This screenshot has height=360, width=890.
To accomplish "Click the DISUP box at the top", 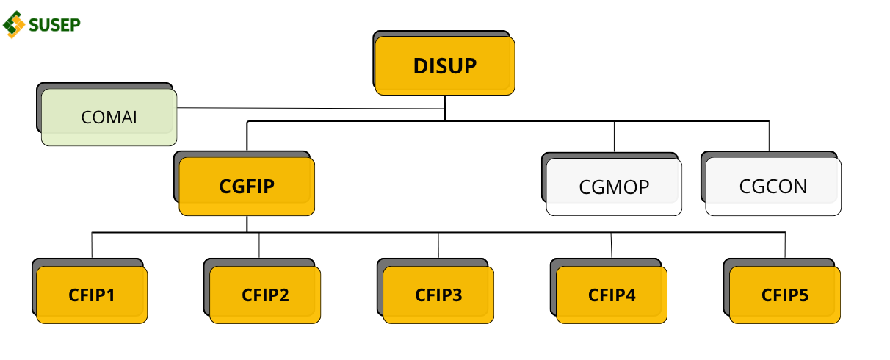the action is click(444, 65).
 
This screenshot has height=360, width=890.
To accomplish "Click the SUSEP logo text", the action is click(54, 25).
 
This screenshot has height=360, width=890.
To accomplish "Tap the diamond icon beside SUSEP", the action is click(14, 25).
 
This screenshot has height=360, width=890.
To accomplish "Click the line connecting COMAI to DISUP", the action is click(311, 108).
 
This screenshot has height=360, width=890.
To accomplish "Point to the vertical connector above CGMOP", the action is click(614, 137).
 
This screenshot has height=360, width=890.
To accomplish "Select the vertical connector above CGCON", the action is click(770, 136).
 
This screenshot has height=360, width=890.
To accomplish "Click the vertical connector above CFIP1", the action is click(92, 245).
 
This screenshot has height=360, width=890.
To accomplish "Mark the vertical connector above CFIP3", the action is click(438, 245).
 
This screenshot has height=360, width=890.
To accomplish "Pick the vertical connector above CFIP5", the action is click(785, 245).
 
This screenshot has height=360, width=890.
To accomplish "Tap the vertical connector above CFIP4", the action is click(612, 245).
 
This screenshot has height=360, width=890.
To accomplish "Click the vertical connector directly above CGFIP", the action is click(247, 136).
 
